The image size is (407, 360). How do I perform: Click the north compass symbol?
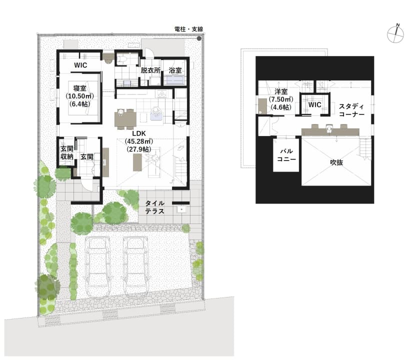click(x=395, y=33)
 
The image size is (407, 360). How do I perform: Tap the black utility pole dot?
click(x=199, y=38)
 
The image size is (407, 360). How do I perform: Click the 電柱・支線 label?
click(x=188, y=29)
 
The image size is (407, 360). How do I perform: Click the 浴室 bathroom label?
click(x=175, y=70)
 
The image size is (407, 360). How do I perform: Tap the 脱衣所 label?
click(x=150, y=70)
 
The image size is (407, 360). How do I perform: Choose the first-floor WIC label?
click(x=80, y=65)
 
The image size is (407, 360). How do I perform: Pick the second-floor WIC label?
click(x=315, y=105)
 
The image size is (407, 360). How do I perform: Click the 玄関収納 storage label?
click(x=66, y=152)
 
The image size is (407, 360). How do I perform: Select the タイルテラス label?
click(x=154, y=207)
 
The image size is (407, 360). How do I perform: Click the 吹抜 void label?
click(x=336, y=162)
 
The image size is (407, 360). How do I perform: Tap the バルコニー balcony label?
click(x=286, y=155)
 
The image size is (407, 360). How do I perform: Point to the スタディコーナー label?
click(x=351, y=110)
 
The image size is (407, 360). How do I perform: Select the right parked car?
click(x=136, y=266)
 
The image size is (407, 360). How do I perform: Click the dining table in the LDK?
click(x=125, y=119)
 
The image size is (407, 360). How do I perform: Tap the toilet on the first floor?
click(x=121, y=59)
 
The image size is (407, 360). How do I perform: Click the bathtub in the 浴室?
click(x=174, y=80)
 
